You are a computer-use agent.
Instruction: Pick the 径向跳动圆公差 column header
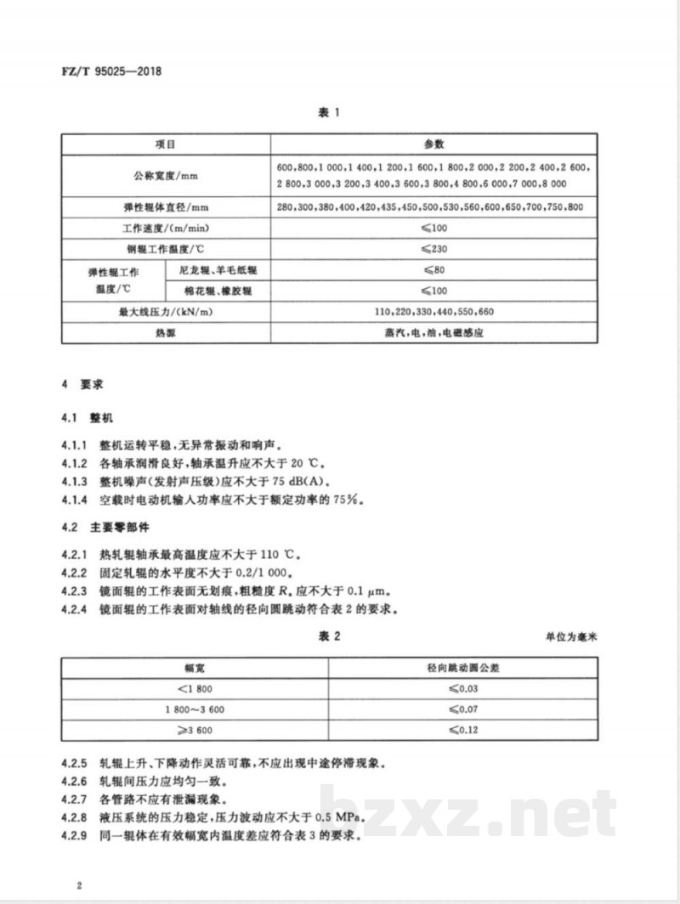[462, 667]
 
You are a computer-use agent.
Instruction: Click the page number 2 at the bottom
[77, 886]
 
